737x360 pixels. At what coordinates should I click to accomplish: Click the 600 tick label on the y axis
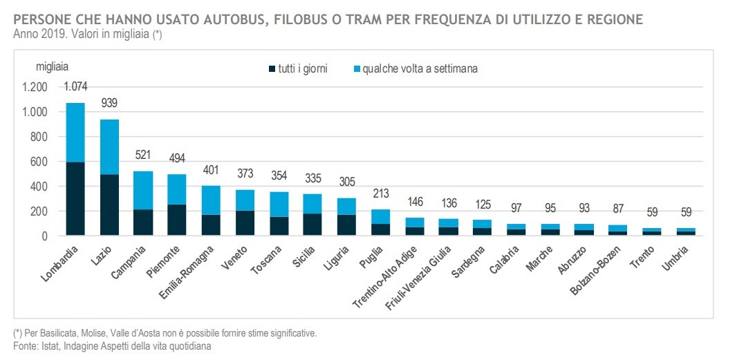coord(39,162)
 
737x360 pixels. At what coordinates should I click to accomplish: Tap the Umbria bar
coord(686,231)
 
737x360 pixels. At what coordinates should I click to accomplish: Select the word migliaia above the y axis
coord(52,66)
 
